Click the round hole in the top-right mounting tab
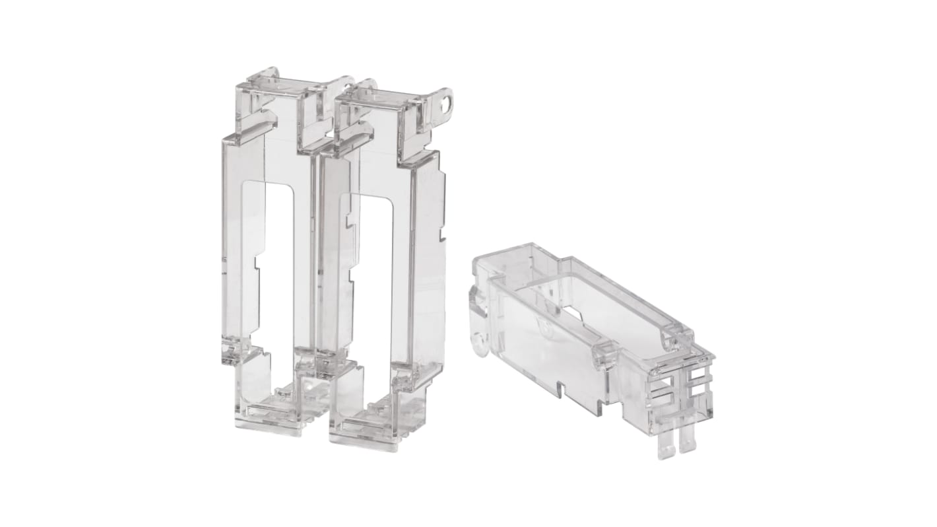pos(450,104)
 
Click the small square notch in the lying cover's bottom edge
pos(561,389)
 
